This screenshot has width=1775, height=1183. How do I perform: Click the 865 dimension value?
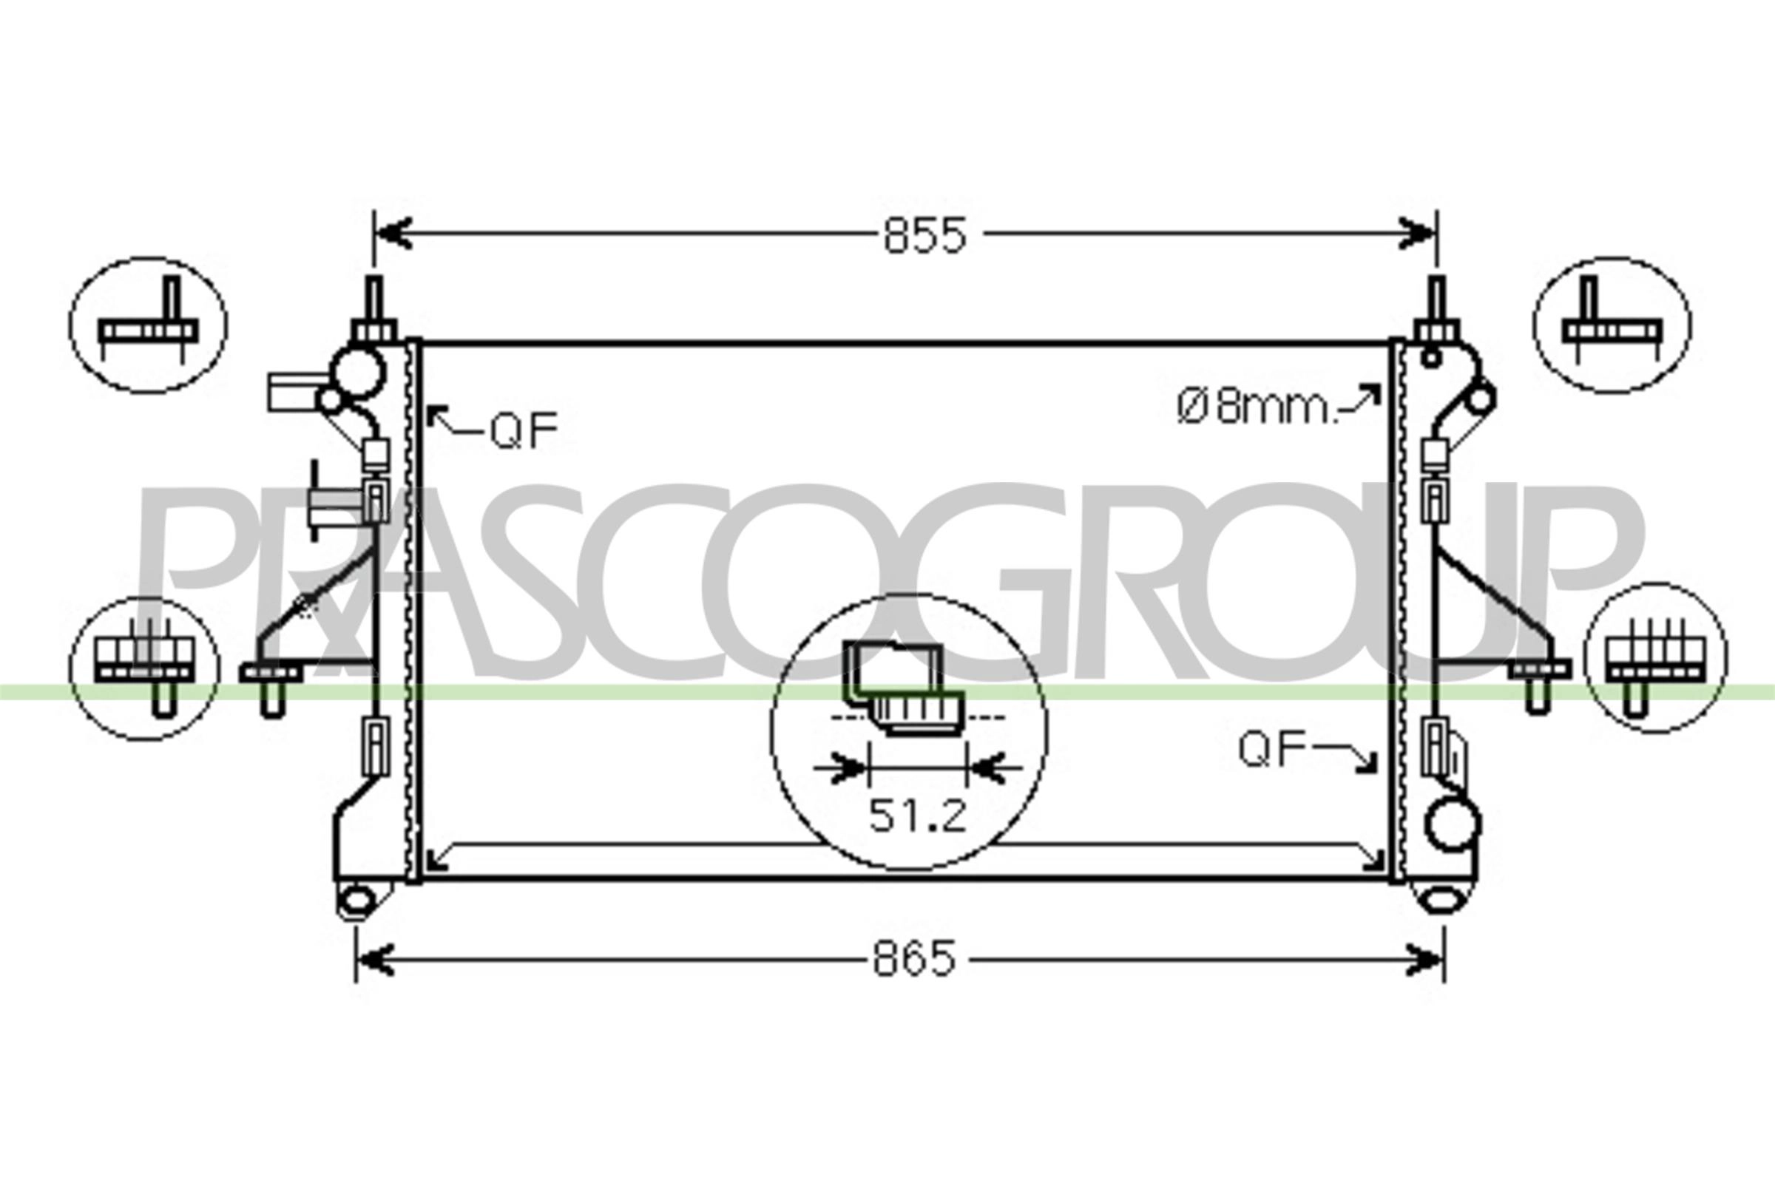click(914, 958)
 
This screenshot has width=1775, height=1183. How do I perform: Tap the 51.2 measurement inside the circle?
click(917, 816)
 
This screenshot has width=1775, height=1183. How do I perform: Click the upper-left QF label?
click(524, 430)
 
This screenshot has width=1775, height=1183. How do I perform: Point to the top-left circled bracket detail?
click(148, 325)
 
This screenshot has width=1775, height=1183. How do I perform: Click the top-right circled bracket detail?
click(1612, 325)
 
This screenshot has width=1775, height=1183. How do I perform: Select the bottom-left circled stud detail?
click(144, 668)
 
